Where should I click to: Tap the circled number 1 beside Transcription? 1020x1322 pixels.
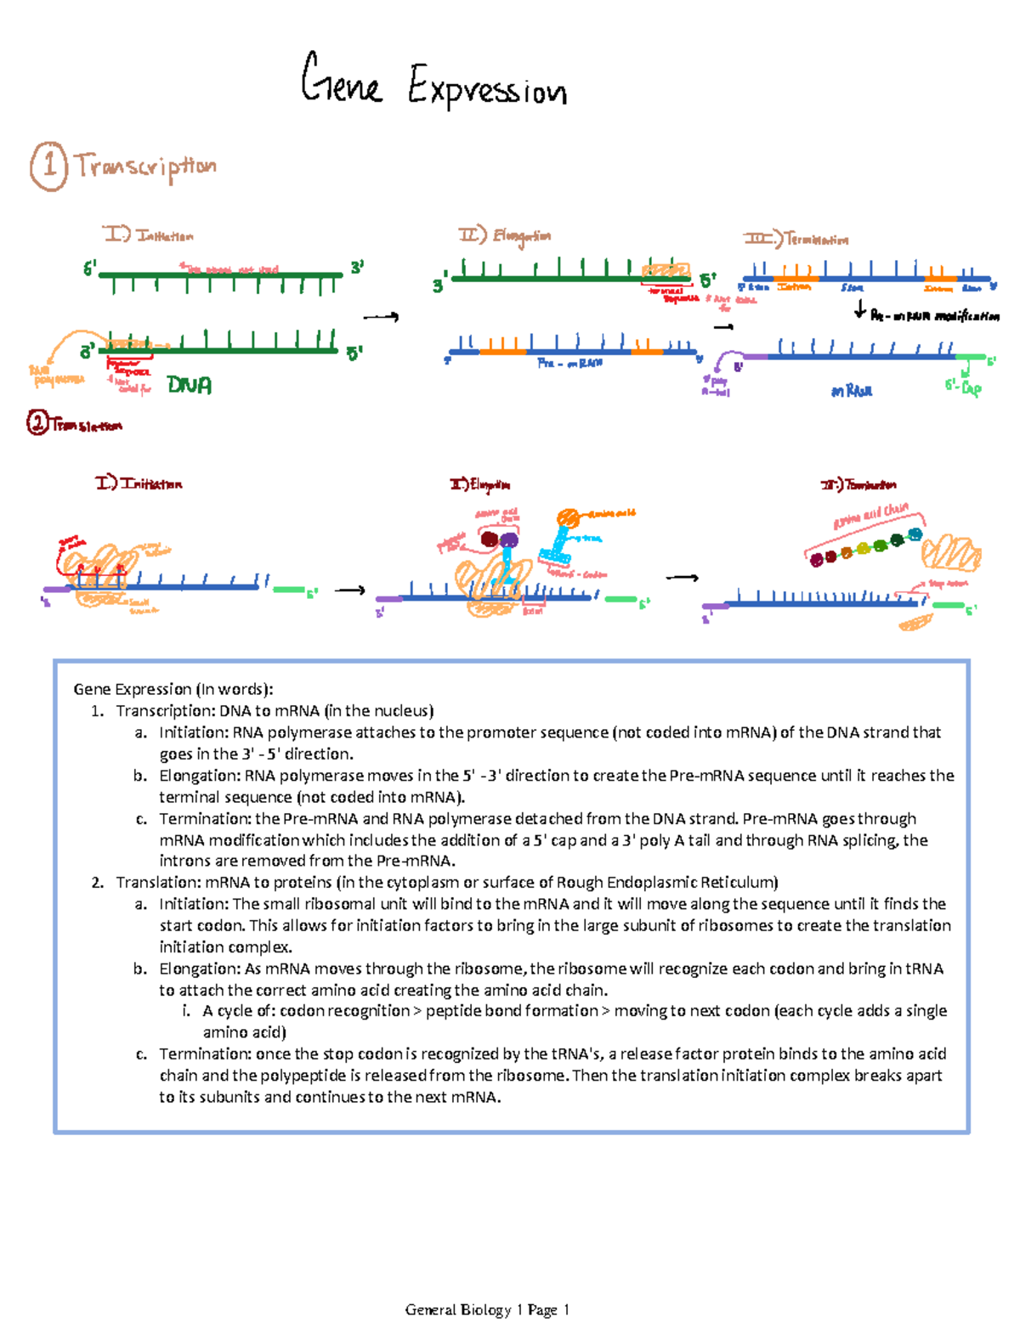[x=48, y=166]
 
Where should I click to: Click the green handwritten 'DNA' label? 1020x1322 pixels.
[x=189, y=385]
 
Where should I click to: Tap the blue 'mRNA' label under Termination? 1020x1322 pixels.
[x=851, y=391]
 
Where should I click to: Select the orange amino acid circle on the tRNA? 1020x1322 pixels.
[x=568, y=517]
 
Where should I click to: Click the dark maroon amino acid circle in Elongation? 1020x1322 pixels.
[x=489, y=540]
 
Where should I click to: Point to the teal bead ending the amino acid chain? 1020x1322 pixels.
[x=915, y=534]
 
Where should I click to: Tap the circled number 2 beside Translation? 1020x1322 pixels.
[x=37, y=422]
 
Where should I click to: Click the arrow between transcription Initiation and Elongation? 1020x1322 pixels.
[x=381, y=317]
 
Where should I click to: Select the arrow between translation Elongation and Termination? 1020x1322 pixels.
[x=682, y=578]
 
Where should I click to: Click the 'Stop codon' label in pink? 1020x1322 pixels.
[x=947, y=584]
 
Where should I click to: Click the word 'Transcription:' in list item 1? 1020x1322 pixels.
[x=165, y=711]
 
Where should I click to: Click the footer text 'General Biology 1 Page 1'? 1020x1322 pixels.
[x=487, y=1309]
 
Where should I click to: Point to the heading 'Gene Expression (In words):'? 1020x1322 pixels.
[x=173, y=689]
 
